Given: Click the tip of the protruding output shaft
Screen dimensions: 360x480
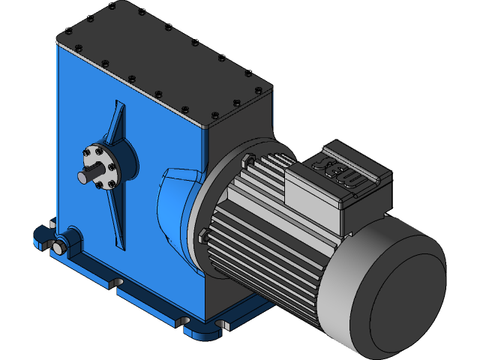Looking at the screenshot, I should click(x=82, y=177).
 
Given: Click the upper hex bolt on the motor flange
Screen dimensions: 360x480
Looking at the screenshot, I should click(x=247, y=158).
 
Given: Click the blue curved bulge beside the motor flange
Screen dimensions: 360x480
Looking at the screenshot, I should click(x=174, y=206).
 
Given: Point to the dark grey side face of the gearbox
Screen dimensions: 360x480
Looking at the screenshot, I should click(x=240, y=127).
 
